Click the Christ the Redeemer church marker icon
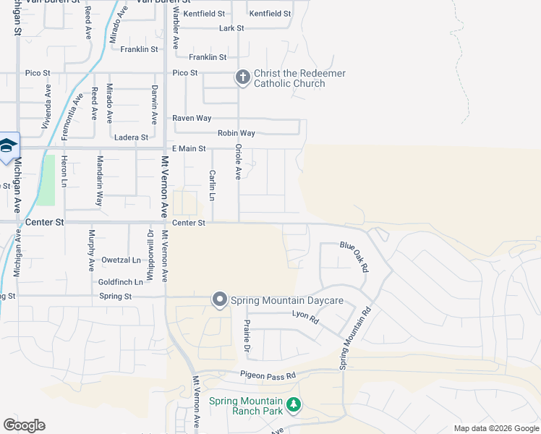(243, 77)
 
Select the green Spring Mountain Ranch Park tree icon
(294, 405)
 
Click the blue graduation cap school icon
(7, 147)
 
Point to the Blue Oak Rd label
(354, 255)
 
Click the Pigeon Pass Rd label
(268, 375)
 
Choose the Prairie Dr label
(247, 337)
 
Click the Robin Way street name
(237, 133)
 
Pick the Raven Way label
(191, 118)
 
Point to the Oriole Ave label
(238, 162)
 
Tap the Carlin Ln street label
(213, 186)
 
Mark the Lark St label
(231, 28)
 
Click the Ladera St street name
(131, 137)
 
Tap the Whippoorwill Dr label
(151, 248)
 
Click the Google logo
(24, 425)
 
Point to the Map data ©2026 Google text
(495, 428)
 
